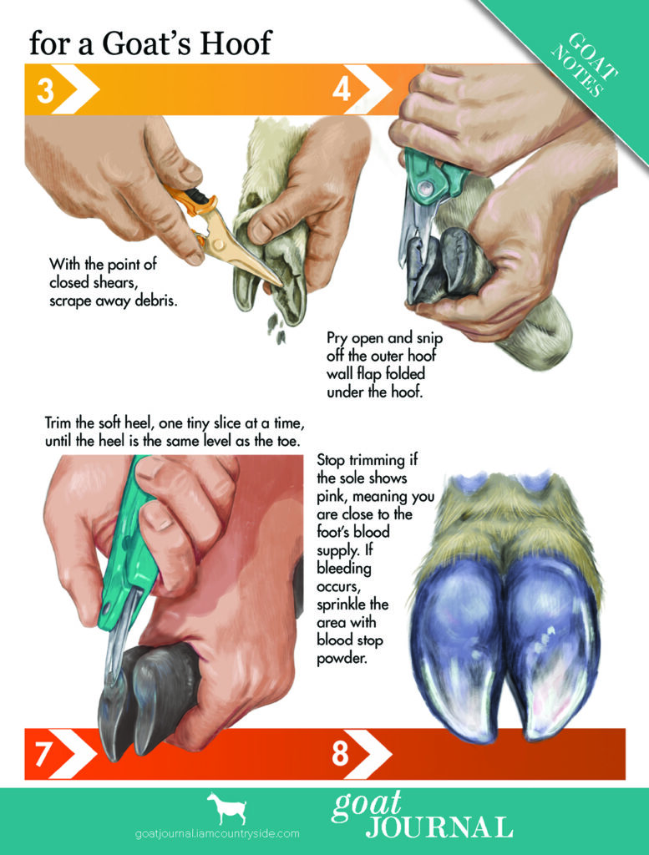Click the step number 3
pyautogui.click(x=45, y=91)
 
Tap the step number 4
pyautogui.click(x=342, y=89)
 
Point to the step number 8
pyautogui.click(x=340, y=754)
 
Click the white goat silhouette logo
pyautogui.click(x=227, y=808)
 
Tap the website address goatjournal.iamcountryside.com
pyautogui.click(x=216, y=833)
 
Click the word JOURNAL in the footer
pyautogui.click(x=439, y=827)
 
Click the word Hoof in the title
pyautogui.click(x=236, y=43)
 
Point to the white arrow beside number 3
pyautogui.click(x=77, y=91)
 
